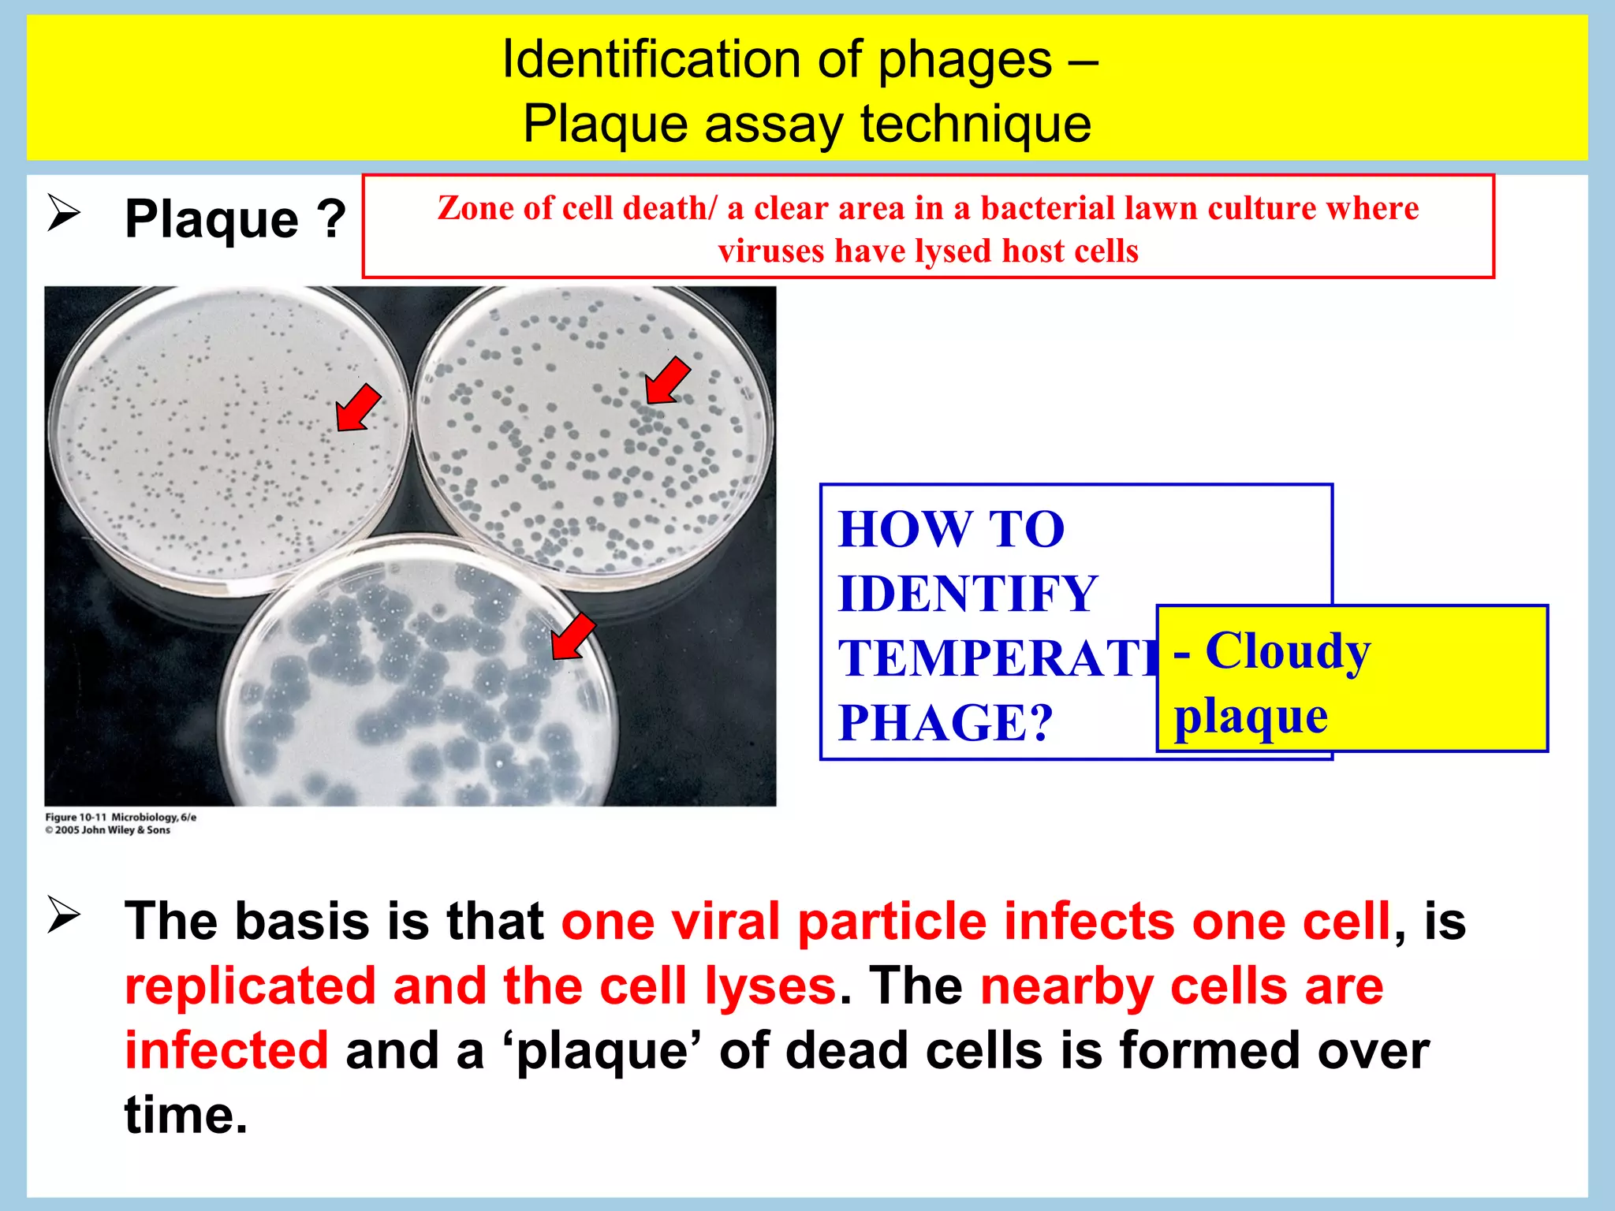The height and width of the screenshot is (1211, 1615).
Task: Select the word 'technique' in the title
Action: pos(975,125)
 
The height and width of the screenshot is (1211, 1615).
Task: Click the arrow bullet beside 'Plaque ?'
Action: pos(64,213)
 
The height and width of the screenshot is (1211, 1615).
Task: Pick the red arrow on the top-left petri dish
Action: pos(357,408)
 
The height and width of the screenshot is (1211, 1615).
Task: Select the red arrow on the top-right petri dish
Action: pos(666,380)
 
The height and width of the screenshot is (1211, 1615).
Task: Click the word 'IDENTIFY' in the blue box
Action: pos(968,594)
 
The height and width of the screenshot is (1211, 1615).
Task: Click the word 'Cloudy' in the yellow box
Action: pos(1288,652)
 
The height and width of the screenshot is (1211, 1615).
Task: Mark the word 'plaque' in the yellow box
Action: pos(1251,717)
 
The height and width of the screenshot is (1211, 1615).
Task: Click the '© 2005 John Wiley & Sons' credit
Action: pos(108,830)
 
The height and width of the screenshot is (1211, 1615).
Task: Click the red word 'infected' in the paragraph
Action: pos(226,1051)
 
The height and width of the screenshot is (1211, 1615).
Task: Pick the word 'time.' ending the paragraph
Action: pos(186,1116)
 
